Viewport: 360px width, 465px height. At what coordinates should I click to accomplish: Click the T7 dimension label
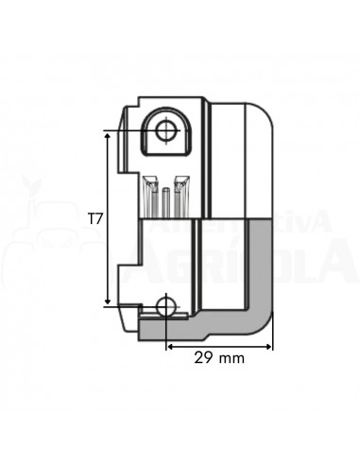pos(95,218)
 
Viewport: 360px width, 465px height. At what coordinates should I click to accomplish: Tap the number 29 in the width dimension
pos(201,359)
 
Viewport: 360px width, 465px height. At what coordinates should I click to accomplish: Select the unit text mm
pos(230,359)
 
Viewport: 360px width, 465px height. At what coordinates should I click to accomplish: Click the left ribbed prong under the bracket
pos(151,197)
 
